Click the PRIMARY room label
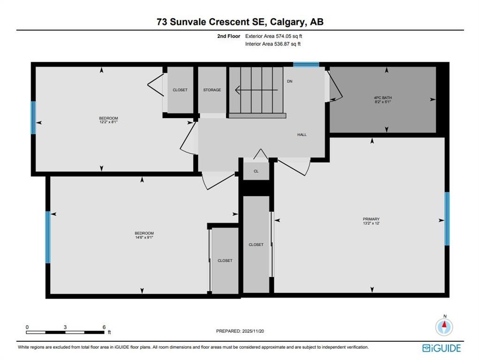pos(371,219)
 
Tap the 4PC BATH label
pos(383,97)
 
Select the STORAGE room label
pos(212,90)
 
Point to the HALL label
pos(302,135)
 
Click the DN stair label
pos(289,81)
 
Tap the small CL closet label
pos(256,171)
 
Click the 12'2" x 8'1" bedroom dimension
pos(108,122)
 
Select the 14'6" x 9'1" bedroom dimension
pos(144,237)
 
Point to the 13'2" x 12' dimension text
pos(371,223)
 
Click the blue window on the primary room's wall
pos(447,218)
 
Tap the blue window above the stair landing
pos(306,64)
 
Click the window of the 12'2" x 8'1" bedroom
pos(33,118)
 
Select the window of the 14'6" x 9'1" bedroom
pos(48,237)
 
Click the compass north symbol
pos(444,327)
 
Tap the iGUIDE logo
pos(442,348)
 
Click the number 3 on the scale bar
pos(65,327)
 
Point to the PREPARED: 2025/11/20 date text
pos(240,331)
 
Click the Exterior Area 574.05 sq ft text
pos(274,36)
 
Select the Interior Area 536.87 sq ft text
pos(273,44)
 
